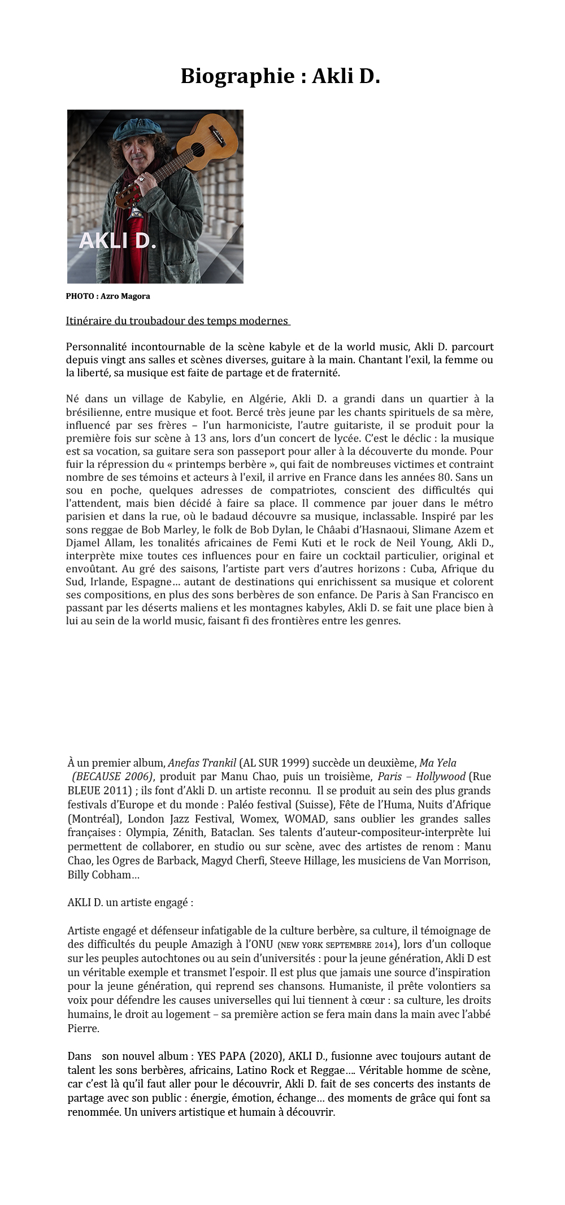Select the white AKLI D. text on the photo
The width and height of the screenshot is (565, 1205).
click(117, 241)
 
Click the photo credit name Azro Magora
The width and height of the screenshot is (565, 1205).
click(125, 296)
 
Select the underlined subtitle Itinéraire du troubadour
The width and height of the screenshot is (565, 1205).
click(177, 321)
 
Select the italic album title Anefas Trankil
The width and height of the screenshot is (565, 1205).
click(202, 763)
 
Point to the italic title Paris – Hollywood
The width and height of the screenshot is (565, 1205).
click(421, 776)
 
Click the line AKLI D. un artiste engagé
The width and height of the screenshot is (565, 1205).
click(130, 902)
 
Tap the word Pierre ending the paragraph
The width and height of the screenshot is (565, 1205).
click(82, 1028)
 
